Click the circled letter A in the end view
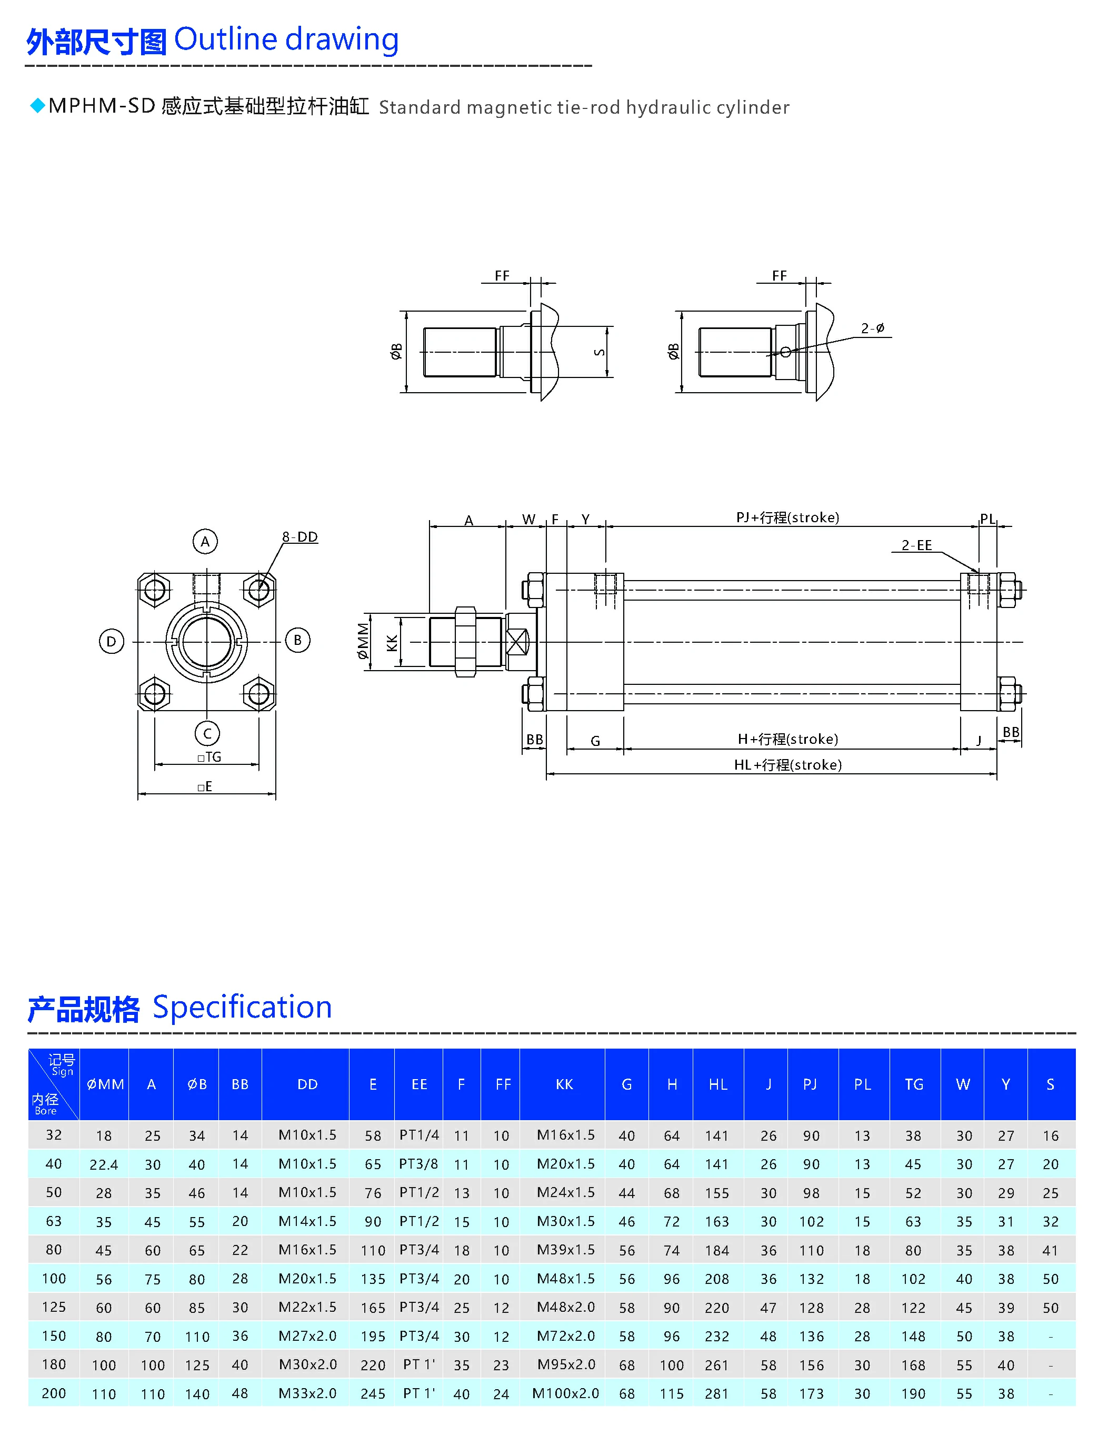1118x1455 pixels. pos(205,541)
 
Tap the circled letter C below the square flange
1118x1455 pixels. pos(207,733)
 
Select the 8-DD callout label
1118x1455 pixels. pos(300,536)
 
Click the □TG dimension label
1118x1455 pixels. pos(209,757)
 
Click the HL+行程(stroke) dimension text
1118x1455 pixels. pos(787,764)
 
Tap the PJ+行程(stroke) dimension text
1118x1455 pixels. pos(787,517)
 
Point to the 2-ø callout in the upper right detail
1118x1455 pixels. pos(872,328)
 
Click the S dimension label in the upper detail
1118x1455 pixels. pos(600,352)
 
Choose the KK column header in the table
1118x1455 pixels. pos(564,1084)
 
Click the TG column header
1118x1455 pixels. pos(914,1084)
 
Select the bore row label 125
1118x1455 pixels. pos(54,1307)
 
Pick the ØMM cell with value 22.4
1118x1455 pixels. pos(104,1164)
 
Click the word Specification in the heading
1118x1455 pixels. pos(242,1006)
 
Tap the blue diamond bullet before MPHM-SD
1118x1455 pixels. pos(38,105)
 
